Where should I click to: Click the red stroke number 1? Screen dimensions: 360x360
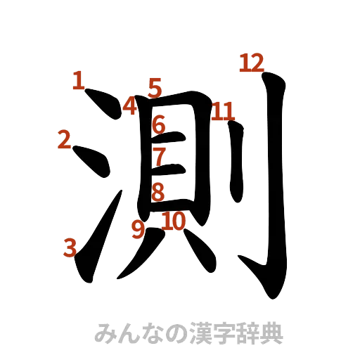pos(78,79)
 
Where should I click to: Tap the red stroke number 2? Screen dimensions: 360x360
pos(65,141)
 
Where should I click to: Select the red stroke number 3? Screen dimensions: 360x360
pos(70,247)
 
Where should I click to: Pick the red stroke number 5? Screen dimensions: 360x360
pos(155,88)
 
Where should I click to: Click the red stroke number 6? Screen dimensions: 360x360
pos(159,125)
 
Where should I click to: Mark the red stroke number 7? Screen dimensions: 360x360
pos(159,155)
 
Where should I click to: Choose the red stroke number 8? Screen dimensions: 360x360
pos(158,191)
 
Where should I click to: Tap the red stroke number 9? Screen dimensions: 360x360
pos(138,229)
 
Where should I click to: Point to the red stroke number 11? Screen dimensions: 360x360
pos(224,111)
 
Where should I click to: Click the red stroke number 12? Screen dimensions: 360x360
pos(251,63)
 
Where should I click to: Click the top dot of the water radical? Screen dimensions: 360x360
pos(102,105)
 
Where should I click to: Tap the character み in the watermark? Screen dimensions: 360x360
pos(104,333)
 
